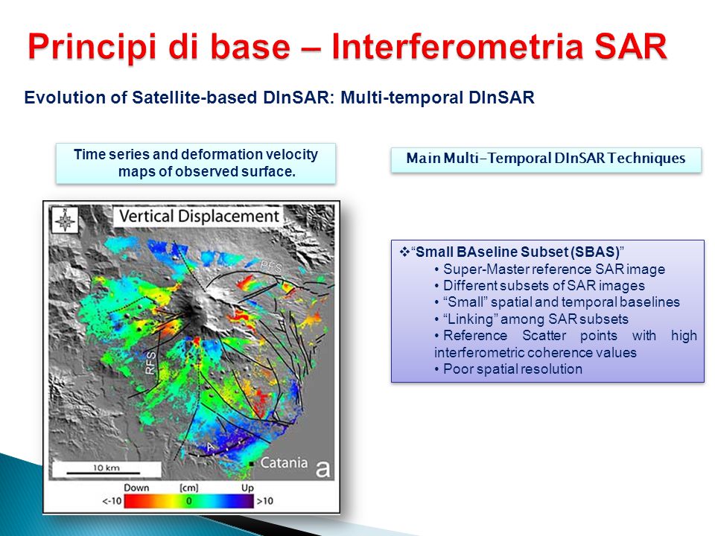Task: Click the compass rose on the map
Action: click(64, 220)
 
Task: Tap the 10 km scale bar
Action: click(104, 473)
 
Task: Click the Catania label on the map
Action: click(284, 462)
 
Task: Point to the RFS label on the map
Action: click(150, 363)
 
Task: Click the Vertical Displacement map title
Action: click(199, 216)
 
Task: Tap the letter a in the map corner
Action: click(322, 468)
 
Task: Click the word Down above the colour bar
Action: click(136, 488)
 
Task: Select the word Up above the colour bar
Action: click(247, 488)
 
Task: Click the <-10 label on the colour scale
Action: click(112, 501)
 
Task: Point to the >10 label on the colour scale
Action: click(265, 501)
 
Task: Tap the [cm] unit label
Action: click(188, 488)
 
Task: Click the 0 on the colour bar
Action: click(188, 501)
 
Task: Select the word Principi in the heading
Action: click(91, 48)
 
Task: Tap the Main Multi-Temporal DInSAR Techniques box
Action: click(546, 159)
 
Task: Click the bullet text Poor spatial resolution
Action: click(512, 368)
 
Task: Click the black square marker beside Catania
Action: click(251, 464)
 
